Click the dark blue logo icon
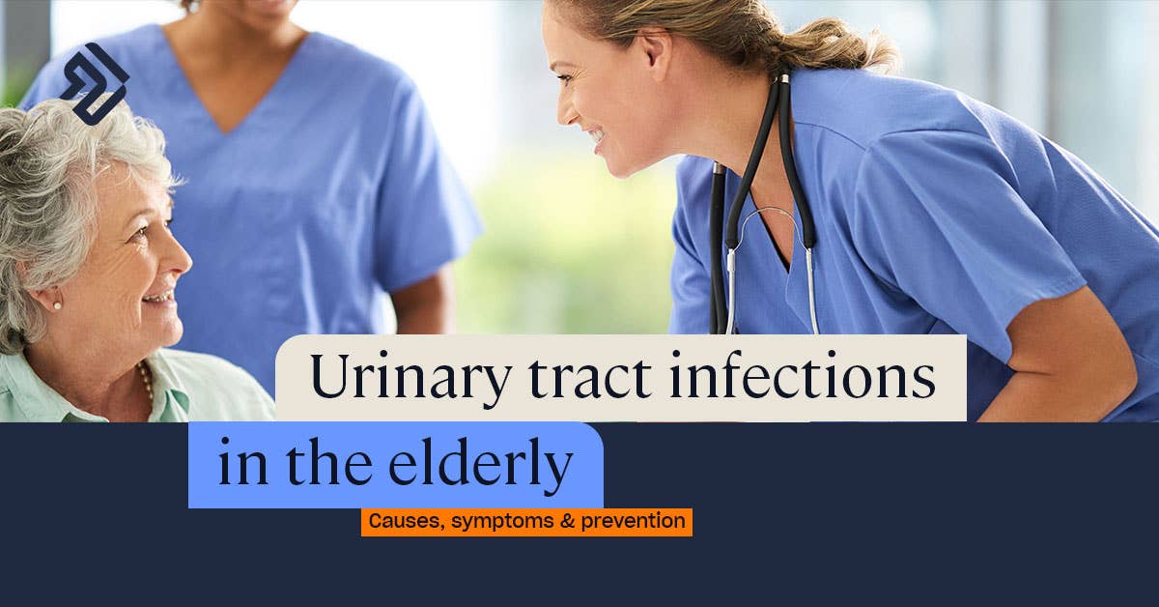tap(95, 84)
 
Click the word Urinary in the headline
tap(411, 379)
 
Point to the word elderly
tap(480, 464)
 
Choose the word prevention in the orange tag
tap(634, 522)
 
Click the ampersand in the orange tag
tap(567, 521)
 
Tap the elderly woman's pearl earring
tap(57, 306)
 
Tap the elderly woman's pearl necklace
tap(147, 382)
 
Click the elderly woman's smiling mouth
tap(159, 298)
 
